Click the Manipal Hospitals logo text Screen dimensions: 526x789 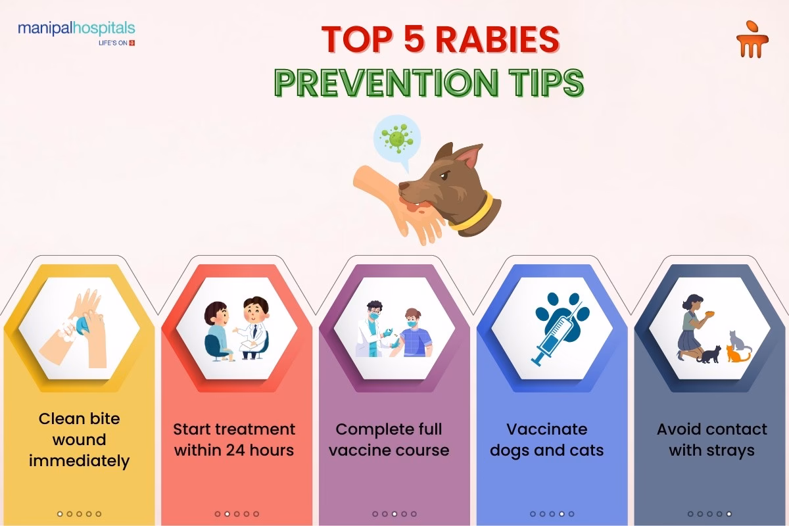click(x=76, y=29)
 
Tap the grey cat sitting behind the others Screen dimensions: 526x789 click(x=740, y=339)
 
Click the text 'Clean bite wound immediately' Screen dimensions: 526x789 click(x=79, y=440)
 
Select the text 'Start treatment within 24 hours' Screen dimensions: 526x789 click(x=235, y=440)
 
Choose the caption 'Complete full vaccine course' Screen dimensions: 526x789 click(x=389, y=440)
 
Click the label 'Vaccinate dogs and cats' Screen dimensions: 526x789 click(x=546, y=440)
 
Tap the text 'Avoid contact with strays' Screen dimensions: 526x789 click(x=711, y=440)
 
